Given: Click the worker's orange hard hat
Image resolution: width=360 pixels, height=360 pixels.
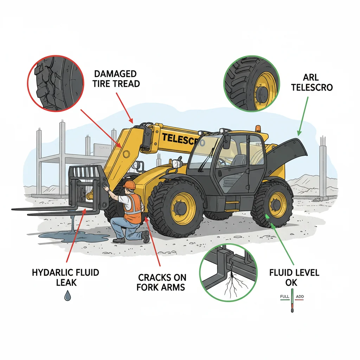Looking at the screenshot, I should pos(130,185).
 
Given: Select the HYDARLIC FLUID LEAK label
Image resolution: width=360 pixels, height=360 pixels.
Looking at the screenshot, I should pos(65,277).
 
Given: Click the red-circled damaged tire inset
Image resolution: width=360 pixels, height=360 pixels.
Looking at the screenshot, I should pos(55,81).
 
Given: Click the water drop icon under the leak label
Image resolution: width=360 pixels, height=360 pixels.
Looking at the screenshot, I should pos(67,296).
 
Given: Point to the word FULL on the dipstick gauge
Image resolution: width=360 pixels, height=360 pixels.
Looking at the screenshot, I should pos(284,297).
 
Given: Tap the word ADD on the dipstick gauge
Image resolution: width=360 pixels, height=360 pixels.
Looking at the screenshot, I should pos(300,297).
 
